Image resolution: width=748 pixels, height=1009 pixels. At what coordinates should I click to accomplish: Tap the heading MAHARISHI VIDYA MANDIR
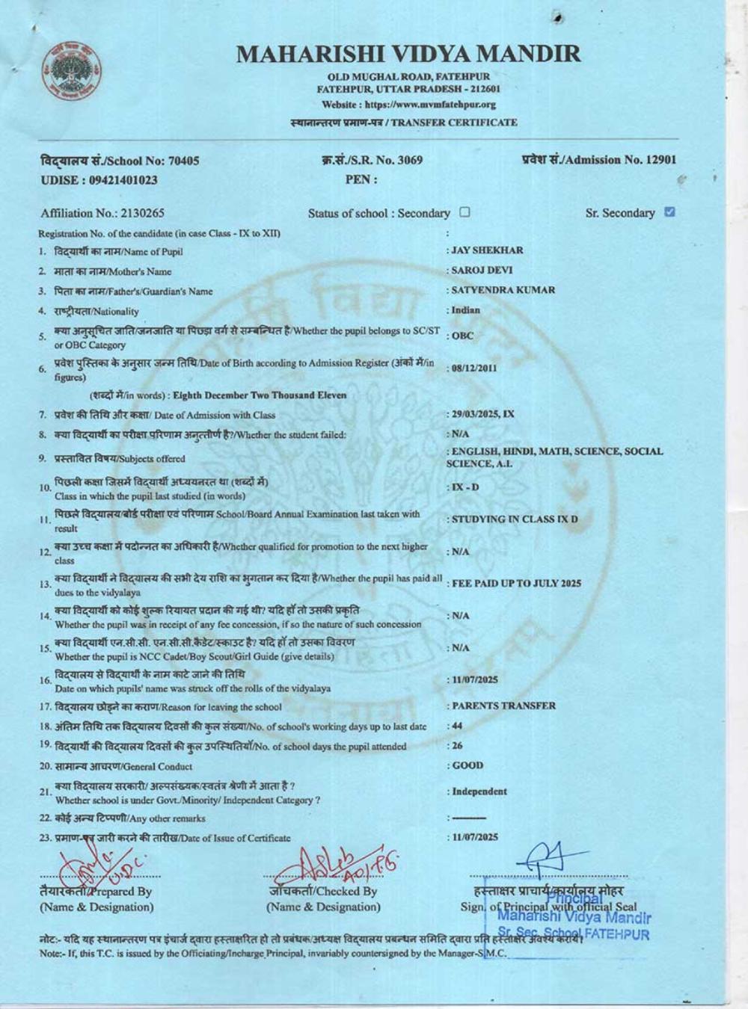click(408, 54)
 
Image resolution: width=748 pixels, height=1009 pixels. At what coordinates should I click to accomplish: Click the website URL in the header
click(408, 105)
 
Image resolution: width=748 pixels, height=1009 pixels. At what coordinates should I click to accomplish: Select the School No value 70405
click(185, 161)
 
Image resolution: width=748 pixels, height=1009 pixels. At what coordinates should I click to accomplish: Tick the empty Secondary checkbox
click(465, 212)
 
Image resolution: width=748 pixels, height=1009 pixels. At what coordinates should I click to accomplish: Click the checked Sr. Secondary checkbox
click(669, 212)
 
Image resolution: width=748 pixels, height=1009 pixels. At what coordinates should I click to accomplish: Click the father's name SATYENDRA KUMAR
click(503, 290)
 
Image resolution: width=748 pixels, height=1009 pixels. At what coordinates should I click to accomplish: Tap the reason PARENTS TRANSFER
click(503, 706)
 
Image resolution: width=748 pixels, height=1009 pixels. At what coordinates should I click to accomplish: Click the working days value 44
click(457, 726)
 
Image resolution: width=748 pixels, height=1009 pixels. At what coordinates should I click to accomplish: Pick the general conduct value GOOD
click(467, 765)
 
